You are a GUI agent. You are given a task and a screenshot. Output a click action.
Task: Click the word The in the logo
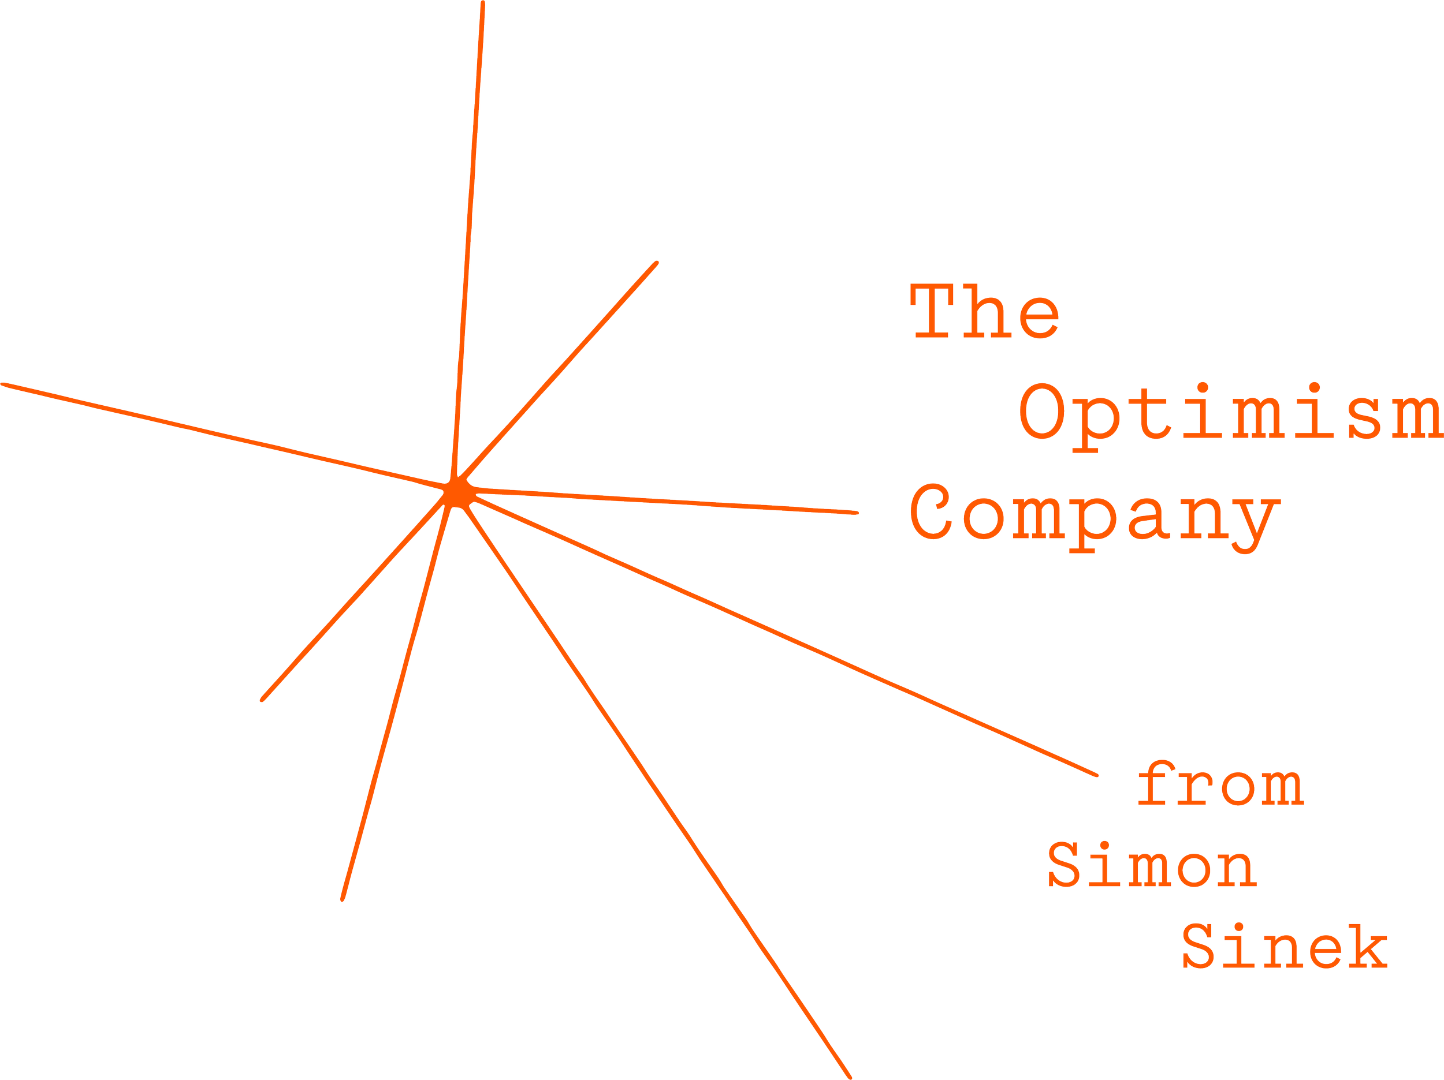984,311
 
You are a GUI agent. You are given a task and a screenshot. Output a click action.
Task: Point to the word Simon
1152,864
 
